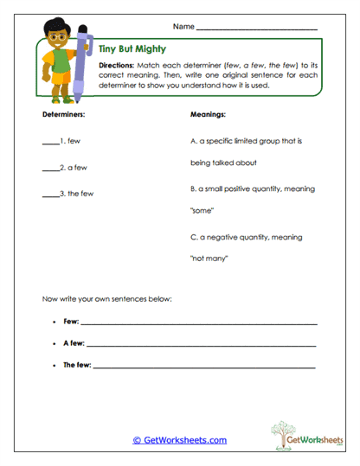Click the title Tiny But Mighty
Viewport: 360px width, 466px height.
[x=128, y=51]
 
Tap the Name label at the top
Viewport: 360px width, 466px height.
[x=183, y=27]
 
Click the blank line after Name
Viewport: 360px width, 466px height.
[x=256, y=29]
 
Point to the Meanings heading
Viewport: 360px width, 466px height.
[x=207, y=114]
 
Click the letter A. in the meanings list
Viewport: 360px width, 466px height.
[x=192, y=140]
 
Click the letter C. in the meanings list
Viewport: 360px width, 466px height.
[x=192, y=235]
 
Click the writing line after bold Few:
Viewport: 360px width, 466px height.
[x=199, y=323]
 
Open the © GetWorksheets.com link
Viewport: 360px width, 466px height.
[x=180, y=440]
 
